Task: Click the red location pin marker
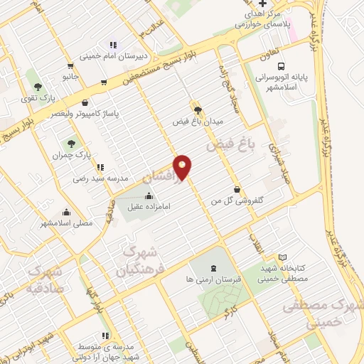tap(183, 166)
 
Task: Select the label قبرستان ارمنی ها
tap(214, 280)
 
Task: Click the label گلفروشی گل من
tap(233, 202)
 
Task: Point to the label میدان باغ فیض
tap(198, 122)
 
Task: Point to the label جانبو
tap(69, 75)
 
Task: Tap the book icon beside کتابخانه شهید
tap(283, 257)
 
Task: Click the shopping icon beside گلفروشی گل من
tap(236, 190)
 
